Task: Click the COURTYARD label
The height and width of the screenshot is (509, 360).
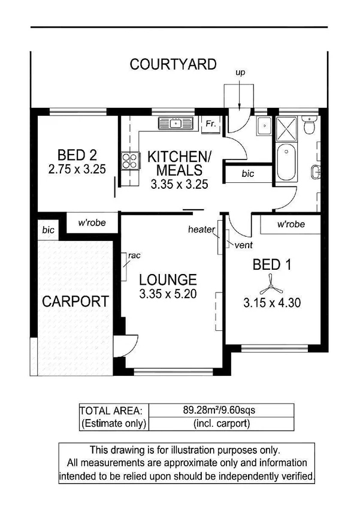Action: [x=173, y=65]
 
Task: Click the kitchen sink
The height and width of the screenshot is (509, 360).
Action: [x=175, y=124]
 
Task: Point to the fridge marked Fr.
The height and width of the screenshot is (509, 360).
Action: [x=211, y=124]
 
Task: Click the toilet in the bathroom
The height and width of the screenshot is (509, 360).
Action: [x=309, y=127]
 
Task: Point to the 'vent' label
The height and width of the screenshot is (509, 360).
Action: [x=243, y=245]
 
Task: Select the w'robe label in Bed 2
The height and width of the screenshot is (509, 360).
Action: [x=92, y=222]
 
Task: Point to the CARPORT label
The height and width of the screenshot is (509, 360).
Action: [x=75, y=301]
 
